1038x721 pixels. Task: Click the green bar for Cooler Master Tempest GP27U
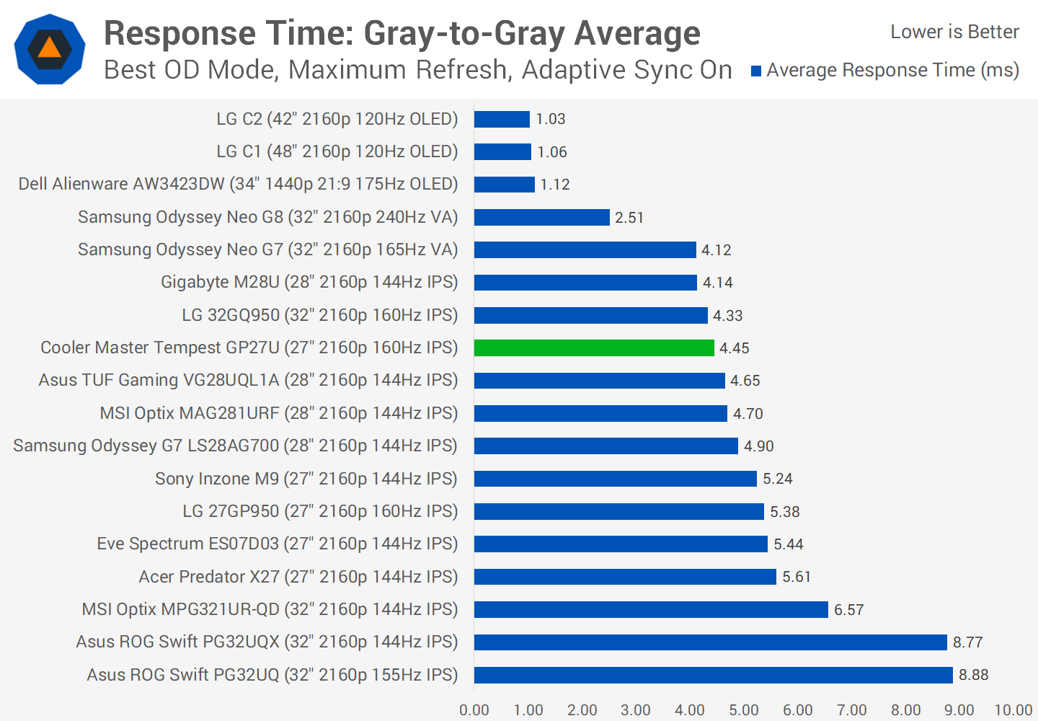click(594, 348)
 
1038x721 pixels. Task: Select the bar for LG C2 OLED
click(502, 119)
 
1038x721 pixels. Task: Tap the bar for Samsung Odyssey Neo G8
click(541, 217)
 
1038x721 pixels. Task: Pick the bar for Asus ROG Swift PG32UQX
click(710, 642)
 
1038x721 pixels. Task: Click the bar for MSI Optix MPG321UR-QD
click(651, 609)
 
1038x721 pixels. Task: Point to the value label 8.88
click(973, 675)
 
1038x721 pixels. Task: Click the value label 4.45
click(734, 348)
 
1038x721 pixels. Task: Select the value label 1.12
click(554, 185)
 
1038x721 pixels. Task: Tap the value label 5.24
click(777, 479)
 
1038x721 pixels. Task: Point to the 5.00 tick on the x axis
click(743, 710)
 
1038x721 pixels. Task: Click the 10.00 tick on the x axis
click(1013, 710)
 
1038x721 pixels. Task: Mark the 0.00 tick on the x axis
click(474, 710)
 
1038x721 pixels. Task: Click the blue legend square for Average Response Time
click(756, 71)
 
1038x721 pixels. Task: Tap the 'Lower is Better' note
click(954, 32)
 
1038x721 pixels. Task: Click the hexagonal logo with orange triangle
click(50, 49)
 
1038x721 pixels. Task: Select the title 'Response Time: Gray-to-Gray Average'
click(402, 33)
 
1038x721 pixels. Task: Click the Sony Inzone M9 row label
click(306, 479)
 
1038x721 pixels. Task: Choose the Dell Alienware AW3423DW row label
click(238, 184)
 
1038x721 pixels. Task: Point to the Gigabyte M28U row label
click(309, 282)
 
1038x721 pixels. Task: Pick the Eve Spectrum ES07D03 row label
click(278, 544)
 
